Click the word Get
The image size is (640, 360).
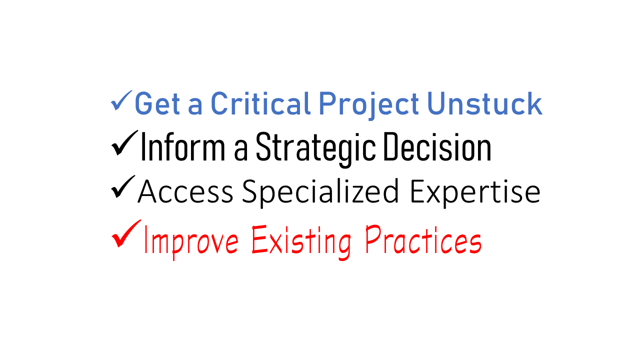(157, 103)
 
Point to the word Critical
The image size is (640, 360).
(260, 103)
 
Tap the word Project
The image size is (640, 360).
(368, 105)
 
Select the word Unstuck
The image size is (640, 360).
(484, 103)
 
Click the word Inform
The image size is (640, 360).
(183, 146)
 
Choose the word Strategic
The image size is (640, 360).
(315, 149)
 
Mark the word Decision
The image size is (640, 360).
(437, 146)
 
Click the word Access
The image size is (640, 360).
(185, 191)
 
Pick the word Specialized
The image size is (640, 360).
(320, 193)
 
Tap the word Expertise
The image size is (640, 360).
(475, 193)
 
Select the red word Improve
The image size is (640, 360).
(191, 241)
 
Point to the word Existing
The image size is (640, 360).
(301, 241)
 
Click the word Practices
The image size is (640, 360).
(423, 239)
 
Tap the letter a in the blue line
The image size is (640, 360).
(195, 106)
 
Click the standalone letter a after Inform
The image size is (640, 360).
(240, 150)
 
